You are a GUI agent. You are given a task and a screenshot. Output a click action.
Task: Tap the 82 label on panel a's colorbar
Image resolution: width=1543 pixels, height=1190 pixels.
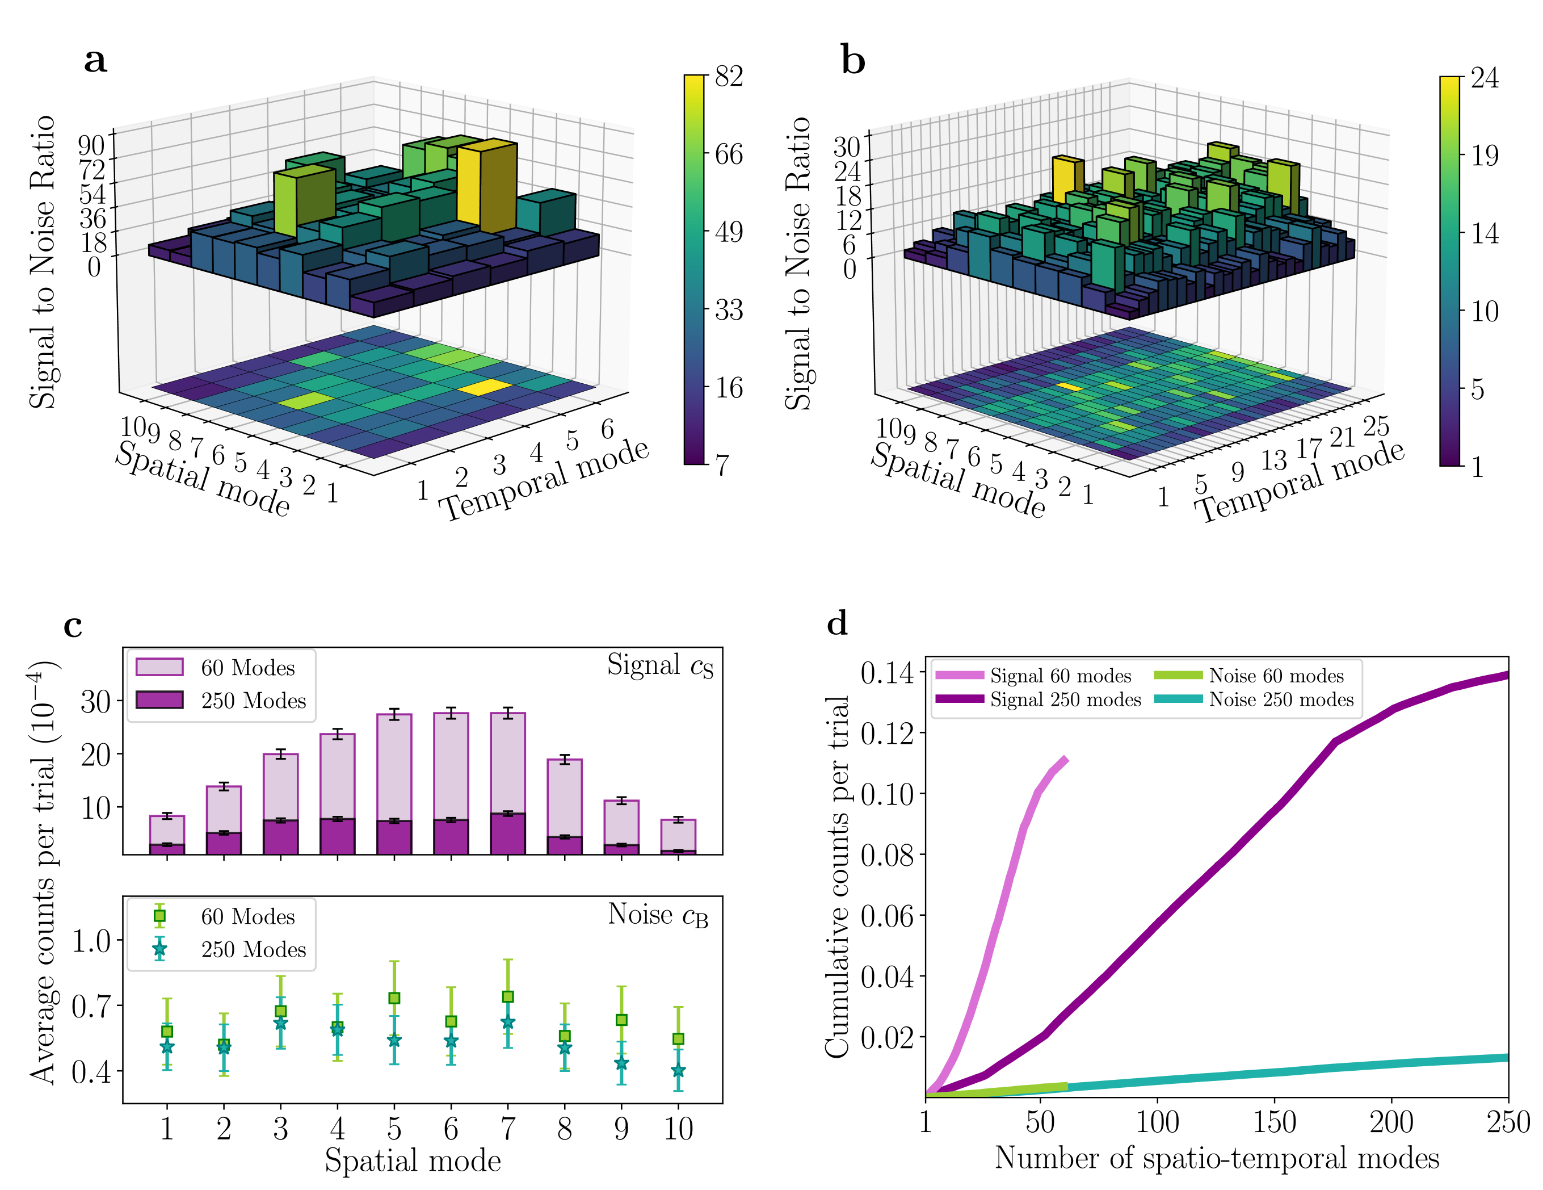coord(729,76)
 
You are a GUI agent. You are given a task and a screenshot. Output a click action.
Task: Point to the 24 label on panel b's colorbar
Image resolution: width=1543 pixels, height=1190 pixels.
coord(1485,78)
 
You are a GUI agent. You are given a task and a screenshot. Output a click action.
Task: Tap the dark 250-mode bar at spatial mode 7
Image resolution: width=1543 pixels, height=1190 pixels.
coord(508,834)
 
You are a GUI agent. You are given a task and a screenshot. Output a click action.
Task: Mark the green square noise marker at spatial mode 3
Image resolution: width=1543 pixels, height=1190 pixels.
coord(280,1011)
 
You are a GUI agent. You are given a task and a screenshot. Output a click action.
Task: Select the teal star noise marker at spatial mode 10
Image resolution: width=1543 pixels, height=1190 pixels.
coord(678,1071)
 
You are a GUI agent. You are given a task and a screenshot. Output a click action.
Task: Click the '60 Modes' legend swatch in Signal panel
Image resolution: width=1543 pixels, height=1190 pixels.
coord(159,667)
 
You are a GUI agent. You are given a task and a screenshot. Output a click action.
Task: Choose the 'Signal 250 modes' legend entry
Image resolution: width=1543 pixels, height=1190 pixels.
coord(1039,699)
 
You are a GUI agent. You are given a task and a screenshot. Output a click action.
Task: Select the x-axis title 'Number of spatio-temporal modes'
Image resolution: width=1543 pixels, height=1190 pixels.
coord(1217,1158)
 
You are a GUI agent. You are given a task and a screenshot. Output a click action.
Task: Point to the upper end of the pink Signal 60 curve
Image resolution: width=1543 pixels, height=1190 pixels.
coord(1065,760)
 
